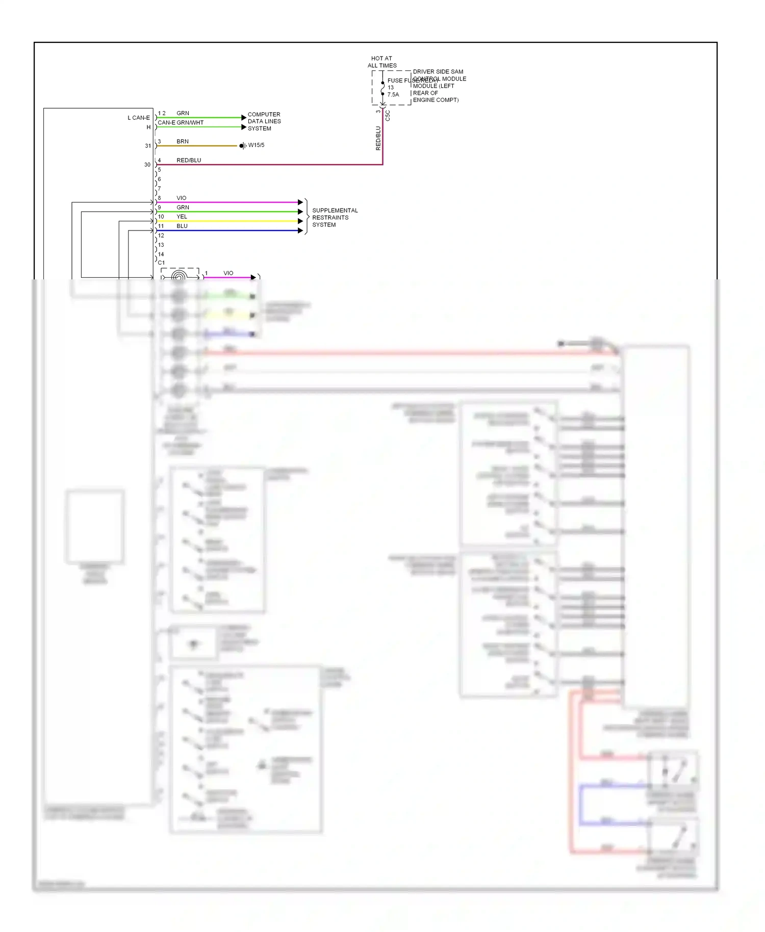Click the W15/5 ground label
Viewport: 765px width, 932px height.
(256, 145)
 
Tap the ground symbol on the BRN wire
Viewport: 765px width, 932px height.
(242, 146)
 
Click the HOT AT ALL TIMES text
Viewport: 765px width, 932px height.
(382, 62)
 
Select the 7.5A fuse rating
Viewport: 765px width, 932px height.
(393, 94)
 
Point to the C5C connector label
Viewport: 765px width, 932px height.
(388, 115)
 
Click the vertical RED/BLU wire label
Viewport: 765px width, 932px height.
(378, 138)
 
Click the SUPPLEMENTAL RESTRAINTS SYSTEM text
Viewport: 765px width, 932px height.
(335, 217)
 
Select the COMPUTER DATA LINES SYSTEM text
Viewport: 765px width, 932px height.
(264, 121)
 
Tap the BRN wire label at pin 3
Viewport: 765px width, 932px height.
(183, 141)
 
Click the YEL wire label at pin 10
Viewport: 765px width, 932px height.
(182, 217)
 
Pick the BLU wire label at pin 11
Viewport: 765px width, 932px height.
(182, 226)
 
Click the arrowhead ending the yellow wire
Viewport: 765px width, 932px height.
(300, 221)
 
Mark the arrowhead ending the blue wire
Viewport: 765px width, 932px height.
(300, 230)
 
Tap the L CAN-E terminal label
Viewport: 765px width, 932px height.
(139, 118)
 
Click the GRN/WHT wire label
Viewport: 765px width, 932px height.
(190, 122)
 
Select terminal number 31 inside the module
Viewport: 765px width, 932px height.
(148, 146)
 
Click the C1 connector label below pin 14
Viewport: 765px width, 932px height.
(161, 263)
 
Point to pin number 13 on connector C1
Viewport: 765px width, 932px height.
(161, 245)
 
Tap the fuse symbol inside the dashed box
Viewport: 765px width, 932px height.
(382, 88)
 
